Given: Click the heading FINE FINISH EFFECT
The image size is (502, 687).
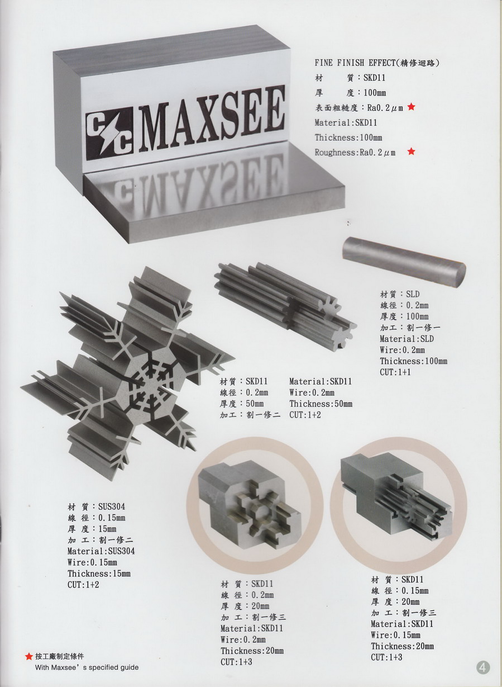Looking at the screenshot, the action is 353,63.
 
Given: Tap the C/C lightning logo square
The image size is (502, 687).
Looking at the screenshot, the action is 109,134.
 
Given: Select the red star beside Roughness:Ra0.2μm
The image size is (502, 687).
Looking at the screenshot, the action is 411,151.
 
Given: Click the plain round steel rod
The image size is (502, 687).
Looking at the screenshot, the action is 404,262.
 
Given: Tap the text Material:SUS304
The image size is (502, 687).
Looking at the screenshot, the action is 101,551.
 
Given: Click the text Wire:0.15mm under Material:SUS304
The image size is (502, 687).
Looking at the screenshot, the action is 92,562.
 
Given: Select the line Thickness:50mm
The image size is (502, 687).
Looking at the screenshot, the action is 321,404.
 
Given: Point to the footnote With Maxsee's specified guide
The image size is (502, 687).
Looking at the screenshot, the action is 87,667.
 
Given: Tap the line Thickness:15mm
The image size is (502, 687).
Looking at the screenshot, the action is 99,573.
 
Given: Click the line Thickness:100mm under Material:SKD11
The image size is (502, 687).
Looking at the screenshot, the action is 348,138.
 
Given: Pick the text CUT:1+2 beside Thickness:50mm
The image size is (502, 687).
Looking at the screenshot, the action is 305,415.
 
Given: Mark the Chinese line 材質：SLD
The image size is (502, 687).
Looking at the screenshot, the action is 399,294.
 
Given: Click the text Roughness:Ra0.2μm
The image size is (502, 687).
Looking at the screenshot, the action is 355,153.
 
